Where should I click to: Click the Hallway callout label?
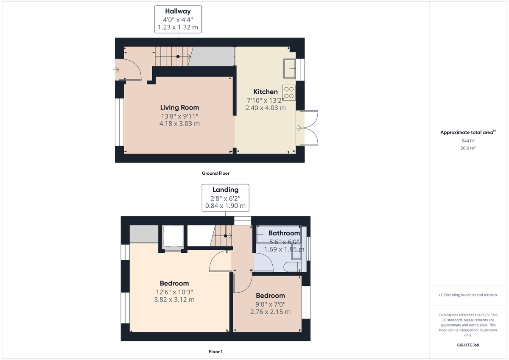[178, 12]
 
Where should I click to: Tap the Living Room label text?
[179, 107]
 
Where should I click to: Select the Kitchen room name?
[266, 92]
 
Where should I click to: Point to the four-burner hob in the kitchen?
[289, 93]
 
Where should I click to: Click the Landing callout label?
[225, 190]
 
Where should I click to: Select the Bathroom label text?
[284, 233]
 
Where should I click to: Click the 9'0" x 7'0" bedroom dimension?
[270, 304]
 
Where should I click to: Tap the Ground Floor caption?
[215, 173]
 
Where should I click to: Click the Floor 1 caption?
[215, 352]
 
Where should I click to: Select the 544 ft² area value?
[468, 140]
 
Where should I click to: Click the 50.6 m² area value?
[468, 148]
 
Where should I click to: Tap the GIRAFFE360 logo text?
[468, 345]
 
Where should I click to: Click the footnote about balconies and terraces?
[468, 295]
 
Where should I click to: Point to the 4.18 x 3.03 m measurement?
[179, 124]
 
